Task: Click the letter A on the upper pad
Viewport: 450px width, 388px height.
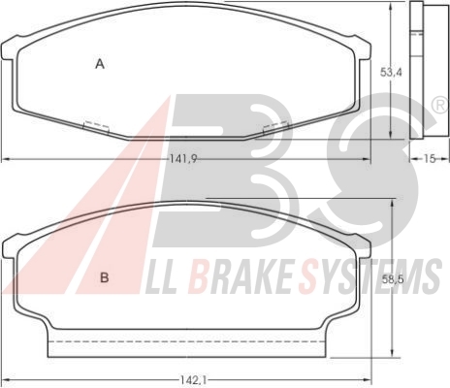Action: click(100, 64)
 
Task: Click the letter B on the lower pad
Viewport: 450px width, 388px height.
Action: click(105, 277)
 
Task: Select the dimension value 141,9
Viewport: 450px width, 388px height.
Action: click(183, 158)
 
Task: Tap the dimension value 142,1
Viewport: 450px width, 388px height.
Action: click(192, 380)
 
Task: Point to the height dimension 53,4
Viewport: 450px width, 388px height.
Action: click(391, 72)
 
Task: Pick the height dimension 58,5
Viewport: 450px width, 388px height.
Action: click(393, 278)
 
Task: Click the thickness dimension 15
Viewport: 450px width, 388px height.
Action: click(430, 159)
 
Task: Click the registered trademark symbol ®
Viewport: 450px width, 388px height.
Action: click(440, 106)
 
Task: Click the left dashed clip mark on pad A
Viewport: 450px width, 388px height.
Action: click(96, 127)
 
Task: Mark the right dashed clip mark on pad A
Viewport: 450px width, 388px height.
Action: click(275, 127)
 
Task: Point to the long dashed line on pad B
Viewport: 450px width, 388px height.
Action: click(186, 341)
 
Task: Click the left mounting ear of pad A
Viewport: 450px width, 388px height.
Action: click(9, 49)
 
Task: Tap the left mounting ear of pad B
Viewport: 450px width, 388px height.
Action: click(10, 248)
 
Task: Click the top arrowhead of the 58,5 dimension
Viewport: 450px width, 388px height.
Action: click(392, 203)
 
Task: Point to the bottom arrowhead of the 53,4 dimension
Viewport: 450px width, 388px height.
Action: click(391, 135)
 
